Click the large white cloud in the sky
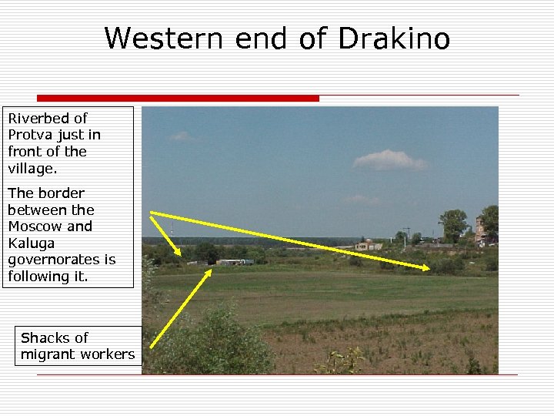389,160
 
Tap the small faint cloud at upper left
182,136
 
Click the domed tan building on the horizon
368,244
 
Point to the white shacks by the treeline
234,262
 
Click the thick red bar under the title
177,98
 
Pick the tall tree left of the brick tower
453,223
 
